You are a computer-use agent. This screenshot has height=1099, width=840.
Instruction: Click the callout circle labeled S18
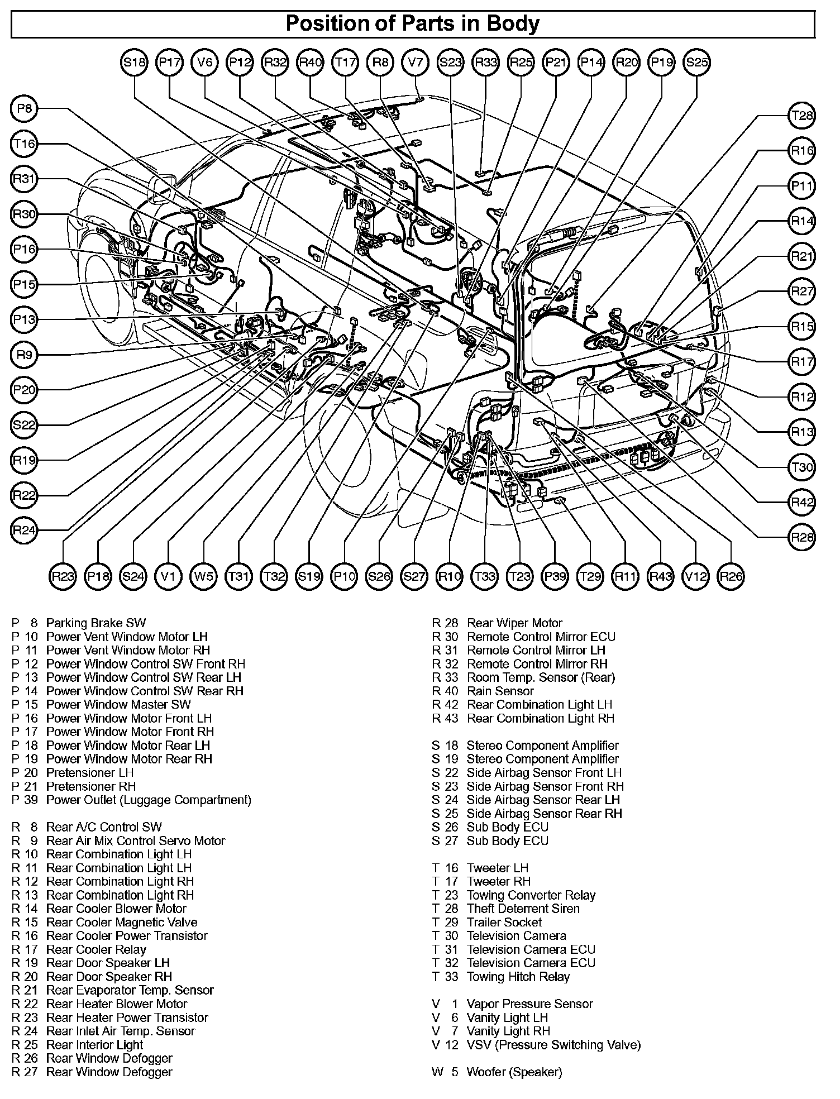[134, 63]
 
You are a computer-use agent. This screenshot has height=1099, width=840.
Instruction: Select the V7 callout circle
[416, 63]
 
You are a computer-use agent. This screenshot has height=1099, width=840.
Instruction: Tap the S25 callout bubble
[697, 63]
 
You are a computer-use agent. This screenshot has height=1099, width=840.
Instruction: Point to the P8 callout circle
[24, 109]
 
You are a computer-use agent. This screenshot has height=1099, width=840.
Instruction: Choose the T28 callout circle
[803, 116]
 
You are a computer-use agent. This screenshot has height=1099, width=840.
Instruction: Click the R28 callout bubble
[803, 538]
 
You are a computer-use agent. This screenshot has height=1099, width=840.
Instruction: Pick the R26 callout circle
[731, 576]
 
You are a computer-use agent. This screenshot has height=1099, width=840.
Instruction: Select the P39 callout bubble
[555, 576]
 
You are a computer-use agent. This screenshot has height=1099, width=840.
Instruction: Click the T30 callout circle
[803, 467]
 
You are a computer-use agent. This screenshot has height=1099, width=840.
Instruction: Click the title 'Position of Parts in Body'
[413, 24]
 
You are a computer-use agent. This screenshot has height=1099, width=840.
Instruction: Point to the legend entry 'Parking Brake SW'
[96, 623]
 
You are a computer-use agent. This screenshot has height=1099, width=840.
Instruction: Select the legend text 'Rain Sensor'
[500, 691]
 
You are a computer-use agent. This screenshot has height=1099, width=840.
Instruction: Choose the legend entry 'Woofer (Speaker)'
[514, 1072]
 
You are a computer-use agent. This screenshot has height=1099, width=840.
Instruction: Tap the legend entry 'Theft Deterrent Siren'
[523, 909]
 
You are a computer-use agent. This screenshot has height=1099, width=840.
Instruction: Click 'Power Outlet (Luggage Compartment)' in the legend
[149, 800]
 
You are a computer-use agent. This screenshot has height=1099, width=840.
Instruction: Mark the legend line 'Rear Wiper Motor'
[514, 623]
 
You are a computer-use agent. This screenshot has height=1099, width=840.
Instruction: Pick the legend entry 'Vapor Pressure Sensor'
[529, 1004]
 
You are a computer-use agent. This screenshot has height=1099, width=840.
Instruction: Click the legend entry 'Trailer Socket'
[504, 923]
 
